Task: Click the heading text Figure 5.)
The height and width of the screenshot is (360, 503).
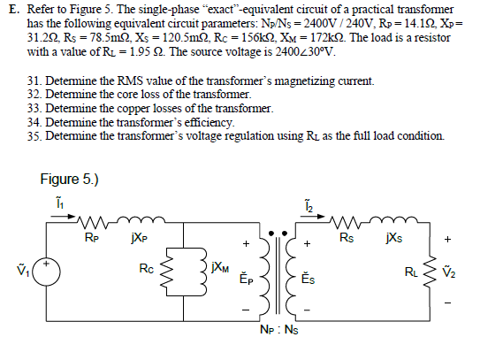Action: pyautogui.click(x=69, y=179)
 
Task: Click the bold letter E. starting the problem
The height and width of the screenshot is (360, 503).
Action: pyautogui.click(x=11, y=7)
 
